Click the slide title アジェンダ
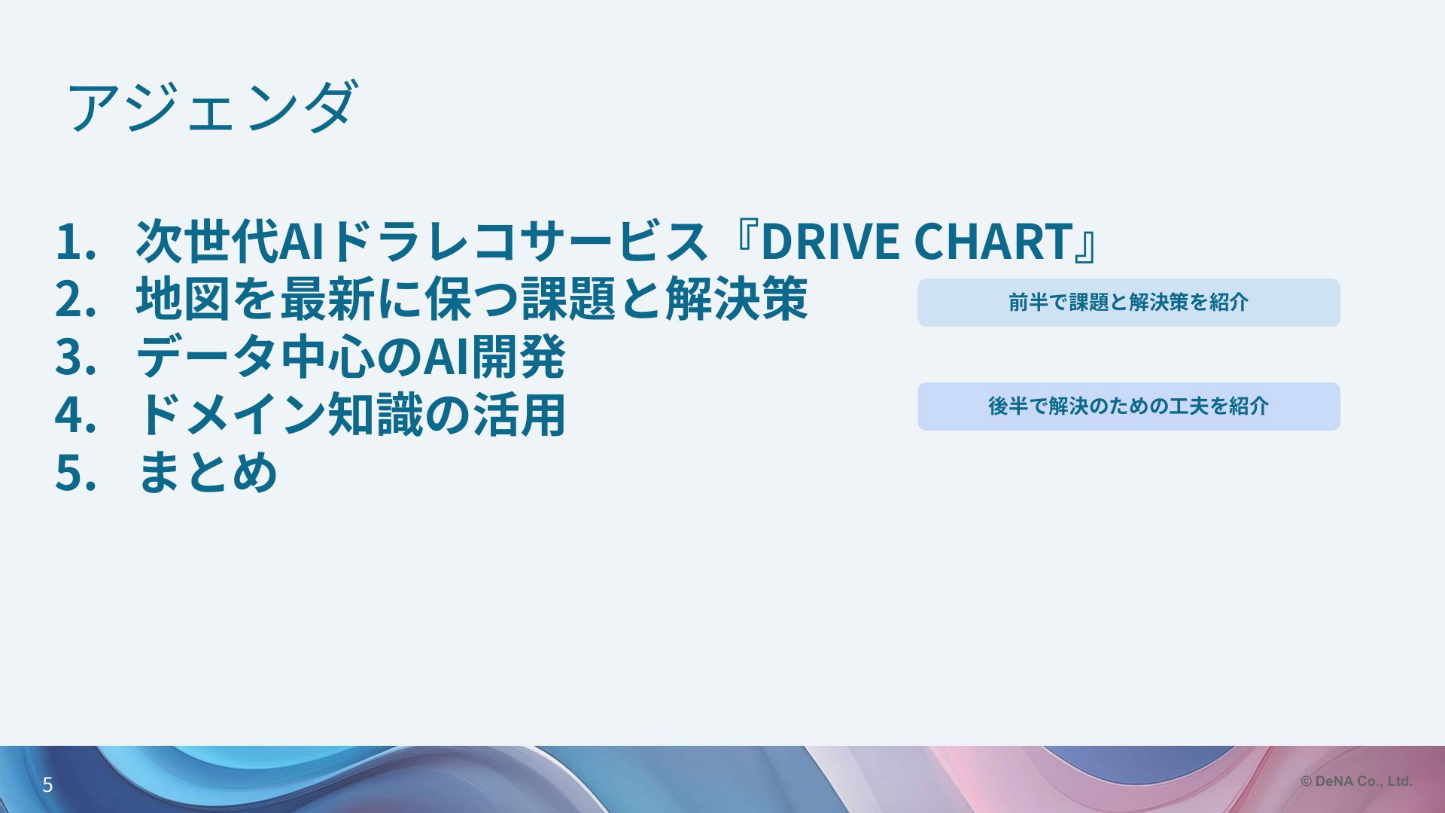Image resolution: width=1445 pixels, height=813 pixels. [210, 107]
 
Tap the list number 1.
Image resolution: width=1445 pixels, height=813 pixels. [75, 242]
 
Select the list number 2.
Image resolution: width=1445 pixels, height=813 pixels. [75, 299]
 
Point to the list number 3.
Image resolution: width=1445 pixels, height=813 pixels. [75, 357]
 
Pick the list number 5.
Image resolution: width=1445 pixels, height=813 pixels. [75, 473]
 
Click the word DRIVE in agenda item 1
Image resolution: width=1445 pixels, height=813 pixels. [829, 242]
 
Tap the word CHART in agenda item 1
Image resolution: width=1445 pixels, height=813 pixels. [992, 242]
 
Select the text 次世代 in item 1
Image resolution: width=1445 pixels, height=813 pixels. [207, 241]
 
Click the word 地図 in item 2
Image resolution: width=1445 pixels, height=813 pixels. [183, 299]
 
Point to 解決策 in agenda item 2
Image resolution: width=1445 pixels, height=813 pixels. [738, 299]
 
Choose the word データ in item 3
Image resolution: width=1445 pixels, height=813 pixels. [207, 357]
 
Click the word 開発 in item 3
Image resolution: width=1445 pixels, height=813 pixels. [518, 357]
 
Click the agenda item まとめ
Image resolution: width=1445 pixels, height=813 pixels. [208, 473]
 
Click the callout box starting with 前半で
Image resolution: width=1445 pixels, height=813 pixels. [1129, 303]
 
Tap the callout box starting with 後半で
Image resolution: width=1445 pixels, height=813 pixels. [1129, 406]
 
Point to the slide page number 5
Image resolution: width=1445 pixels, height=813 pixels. [47, 785]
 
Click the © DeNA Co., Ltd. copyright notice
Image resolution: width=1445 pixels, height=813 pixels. [1357, 781]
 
